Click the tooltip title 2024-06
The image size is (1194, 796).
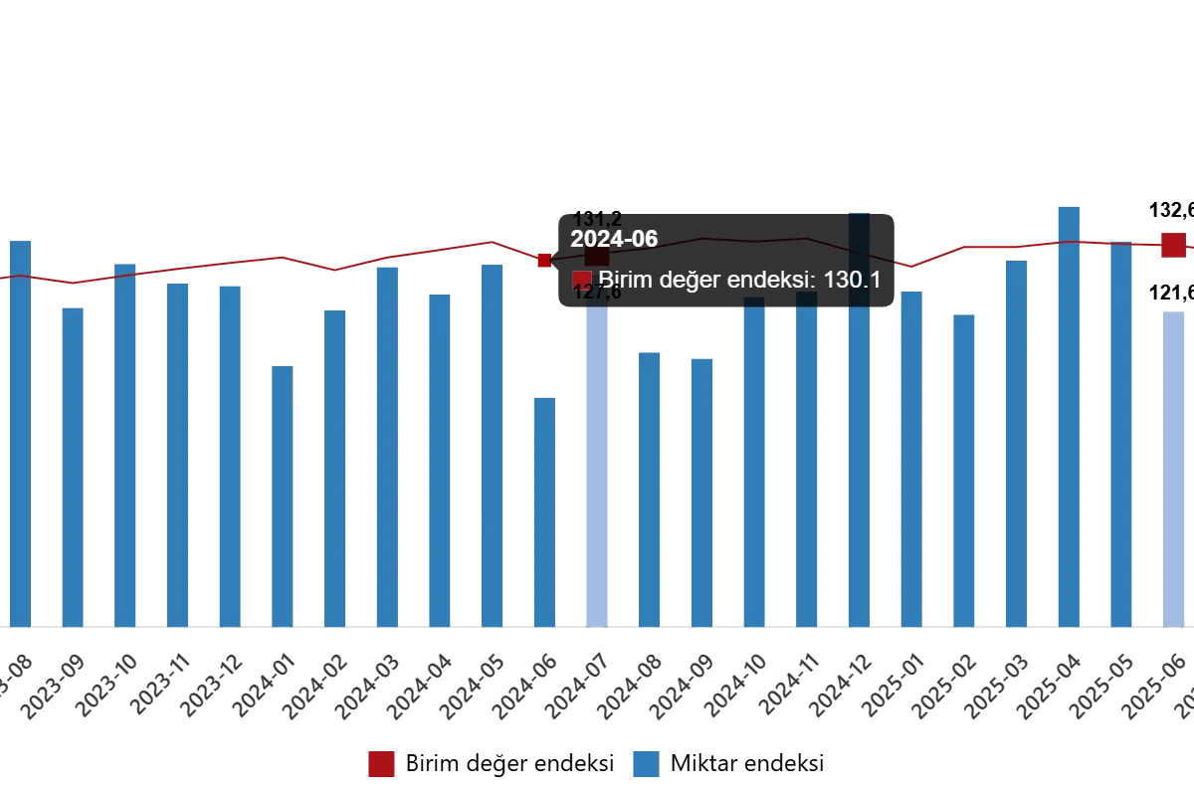614,239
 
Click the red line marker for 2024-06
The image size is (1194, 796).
543,261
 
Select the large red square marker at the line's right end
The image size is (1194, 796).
1172,245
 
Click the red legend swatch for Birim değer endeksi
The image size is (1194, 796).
381,764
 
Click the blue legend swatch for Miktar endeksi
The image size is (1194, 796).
646,764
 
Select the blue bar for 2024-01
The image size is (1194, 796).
283,497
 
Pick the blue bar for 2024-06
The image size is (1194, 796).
544,512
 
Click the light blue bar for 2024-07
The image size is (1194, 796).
597,468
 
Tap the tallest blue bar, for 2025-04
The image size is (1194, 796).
1067,418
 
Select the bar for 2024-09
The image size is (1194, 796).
702,493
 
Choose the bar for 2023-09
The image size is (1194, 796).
73,468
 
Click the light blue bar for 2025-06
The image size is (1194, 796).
1174,468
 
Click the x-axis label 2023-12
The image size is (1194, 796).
203,686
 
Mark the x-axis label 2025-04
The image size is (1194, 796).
1041,686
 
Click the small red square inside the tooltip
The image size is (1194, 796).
582,281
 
